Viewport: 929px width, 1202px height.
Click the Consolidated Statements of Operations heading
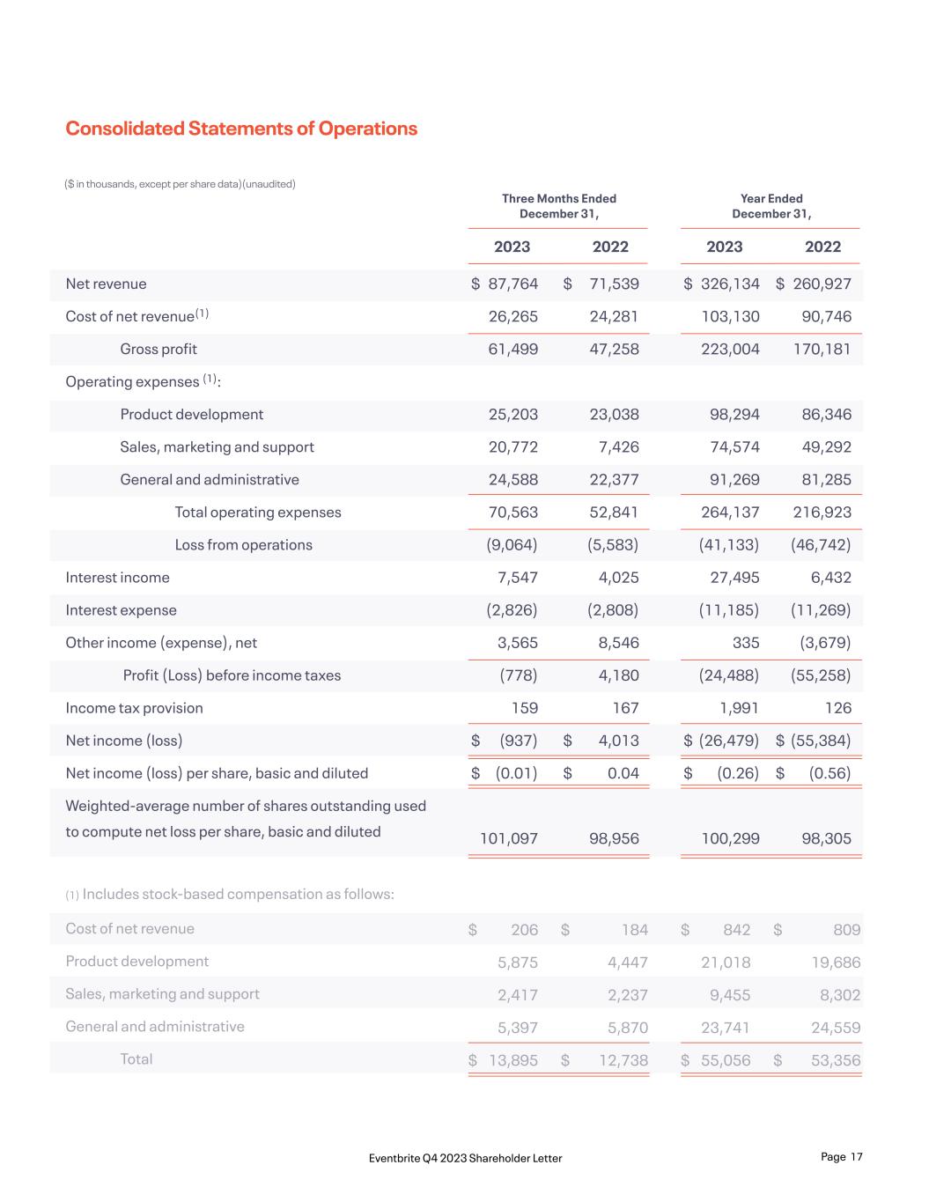pyautogui.click(x=241, y=129)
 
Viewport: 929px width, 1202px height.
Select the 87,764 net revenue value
pyautogui.click(x=512, y=284)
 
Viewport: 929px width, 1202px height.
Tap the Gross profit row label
pyautogui.click(x=159, y=349)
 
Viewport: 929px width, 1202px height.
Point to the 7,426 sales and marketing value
pyautogui.click(x=618, y=446)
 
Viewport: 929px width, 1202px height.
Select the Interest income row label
pyautogui.click(x=117, y=577)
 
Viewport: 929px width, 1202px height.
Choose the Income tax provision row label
pyautogui.click(x=134, y=707)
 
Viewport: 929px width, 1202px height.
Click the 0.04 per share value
pyautogui.click(x=621, y=772)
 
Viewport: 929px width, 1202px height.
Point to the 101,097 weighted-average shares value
pyautogui.click(x=508, y=838)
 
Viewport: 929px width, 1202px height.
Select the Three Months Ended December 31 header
pyautogui.click(x=559, y=206)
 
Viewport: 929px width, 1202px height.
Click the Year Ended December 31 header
pyautogui.click(x=771, y=206)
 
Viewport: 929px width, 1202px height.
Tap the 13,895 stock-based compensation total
pyautogui.click(x=512, y=1060)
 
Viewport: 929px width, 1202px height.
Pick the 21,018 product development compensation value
pyautogui.click(x=726, y=962)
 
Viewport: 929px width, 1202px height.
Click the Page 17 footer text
pyautogui.click(x=841, y=1156)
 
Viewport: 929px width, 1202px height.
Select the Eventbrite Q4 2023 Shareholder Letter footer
pyautogui.click(x=465, y=1158)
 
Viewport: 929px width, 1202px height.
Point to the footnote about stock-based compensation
pyautogui.click(x=230, y=894)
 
